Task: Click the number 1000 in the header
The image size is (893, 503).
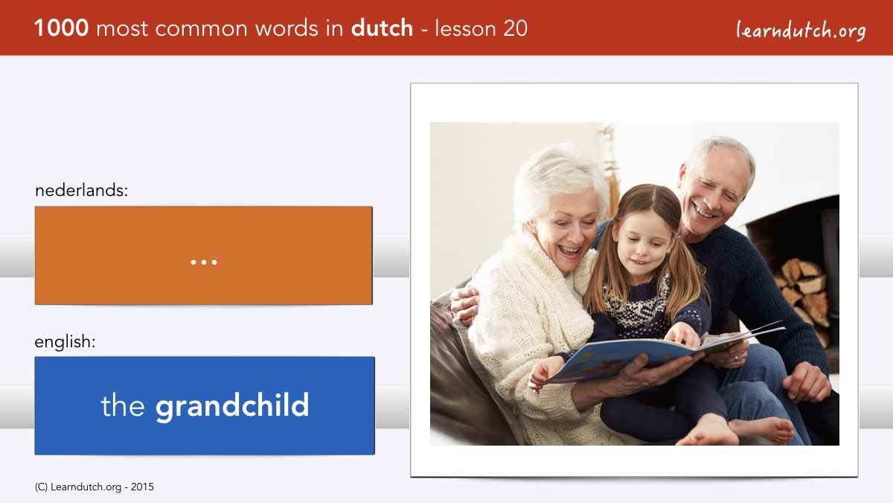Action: pos(61,28)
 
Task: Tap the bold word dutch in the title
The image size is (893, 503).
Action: pos(382,28)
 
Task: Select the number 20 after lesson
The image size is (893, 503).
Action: pos(515,28)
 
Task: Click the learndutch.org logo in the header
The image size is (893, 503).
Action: pos(801,31)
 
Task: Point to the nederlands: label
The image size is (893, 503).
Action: pos(81,190)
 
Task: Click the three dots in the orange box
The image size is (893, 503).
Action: pos(204,262)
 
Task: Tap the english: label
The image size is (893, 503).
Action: pos(65,342)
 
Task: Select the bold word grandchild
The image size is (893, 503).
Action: pos(232,405)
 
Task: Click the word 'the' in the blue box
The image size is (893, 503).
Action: pos(122,405)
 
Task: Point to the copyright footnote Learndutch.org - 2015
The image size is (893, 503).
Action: pos(94,487)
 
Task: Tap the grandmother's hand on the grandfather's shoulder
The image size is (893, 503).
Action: pos(465,304)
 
